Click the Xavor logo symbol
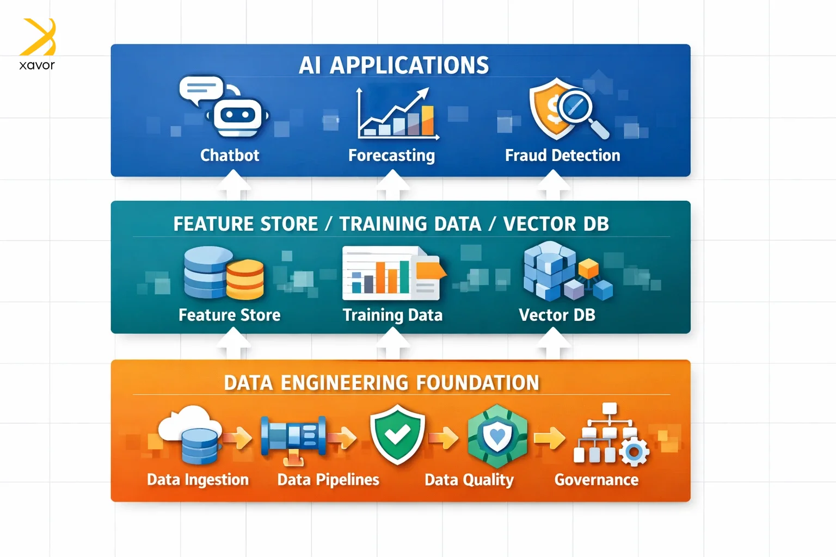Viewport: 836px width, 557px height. click(x=38, y=37)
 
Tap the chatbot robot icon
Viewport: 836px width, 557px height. click(x=237, y=116)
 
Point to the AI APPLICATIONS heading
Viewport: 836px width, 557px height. click(x=394, y=65)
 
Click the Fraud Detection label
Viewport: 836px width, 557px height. click(x=562, y=156)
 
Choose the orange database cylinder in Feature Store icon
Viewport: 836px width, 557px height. click(x=245, y=279)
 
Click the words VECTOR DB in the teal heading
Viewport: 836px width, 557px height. click(x=556, y=224)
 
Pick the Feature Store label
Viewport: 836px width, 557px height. click(x=229, y=315)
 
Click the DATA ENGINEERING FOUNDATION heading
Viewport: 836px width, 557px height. click(x=381, y=383)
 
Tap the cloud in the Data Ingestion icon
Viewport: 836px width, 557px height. click(x=188, y=420)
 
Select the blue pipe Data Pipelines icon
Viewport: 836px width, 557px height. click(x=294, y=435)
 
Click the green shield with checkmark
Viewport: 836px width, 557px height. click(x=397, y=434)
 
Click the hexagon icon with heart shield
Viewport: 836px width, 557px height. click(x=497, y=436)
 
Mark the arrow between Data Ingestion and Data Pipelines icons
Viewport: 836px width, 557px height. click(x=238, y=437)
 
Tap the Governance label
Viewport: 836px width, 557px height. click(x=596, y=480)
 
